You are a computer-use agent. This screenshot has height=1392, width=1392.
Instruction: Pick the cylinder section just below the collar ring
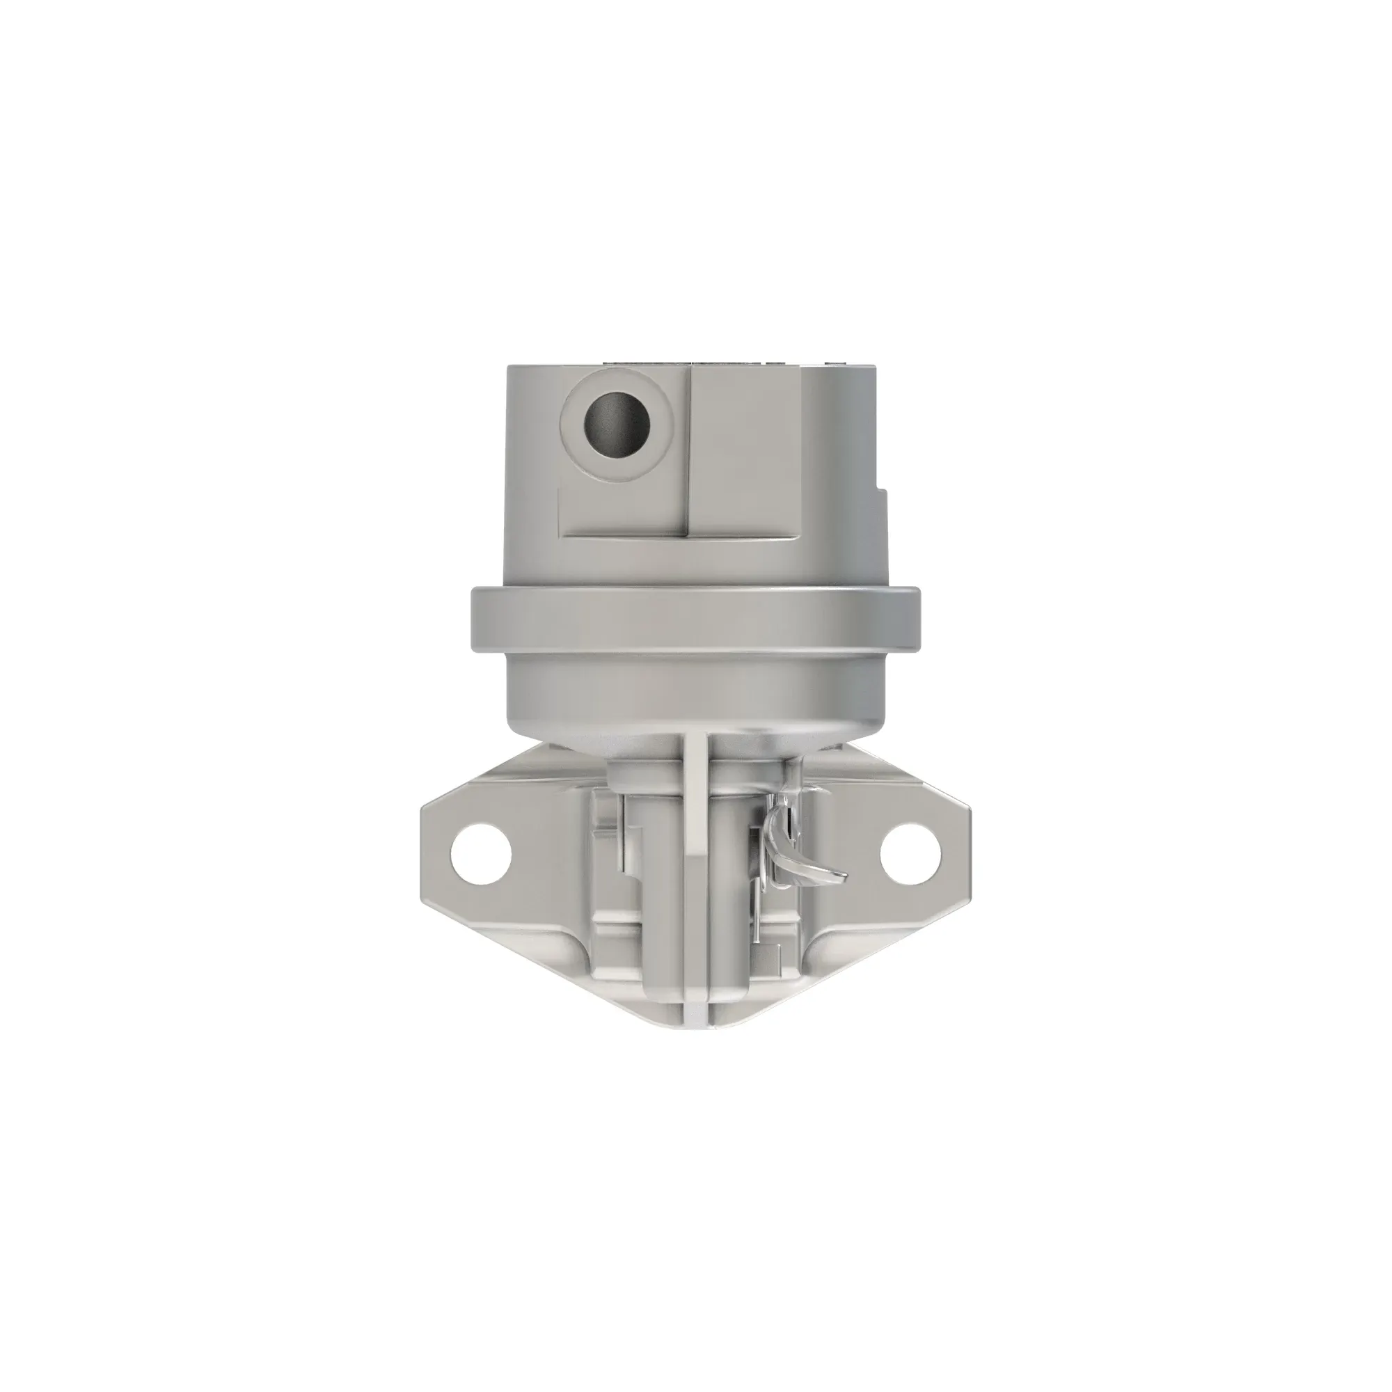695,692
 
